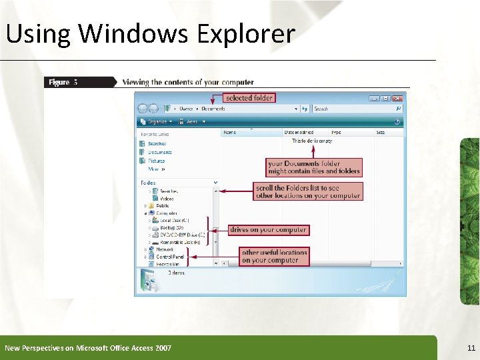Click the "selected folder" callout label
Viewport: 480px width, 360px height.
pyautogui.click(x=249, y=98)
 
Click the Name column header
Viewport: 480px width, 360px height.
pyautogui.click(x=231, y=133)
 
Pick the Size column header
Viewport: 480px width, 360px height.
pyautogui.click(x=381, y=133)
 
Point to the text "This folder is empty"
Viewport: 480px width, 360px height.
pyautogui.click(x=312, y=141)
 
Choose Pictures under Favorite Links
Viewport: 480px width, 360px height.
pyautogui.click(x=157, y=161)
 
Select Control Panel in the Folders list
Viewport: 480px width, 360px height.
pyautogui.click(x=170, y=257)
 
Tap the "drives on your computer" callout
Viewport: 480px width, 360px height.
pyautogui.click(x=268, y=230)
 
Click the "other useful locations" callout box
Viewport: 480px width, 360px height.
pyautogui.click(x=275, y=256)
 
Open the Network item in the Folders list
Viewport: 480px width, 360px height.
pyautogui.click(x=165, y=249)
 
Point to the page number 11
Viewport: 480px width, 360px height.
pyautogui.click(x=471, y=348)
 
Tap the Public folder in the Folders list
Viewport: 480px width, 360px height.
pyautogui.click(x=162, y=206)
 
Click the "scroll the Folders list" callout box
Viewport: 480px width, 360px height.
pyautogui.click(x=308, y=192)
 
